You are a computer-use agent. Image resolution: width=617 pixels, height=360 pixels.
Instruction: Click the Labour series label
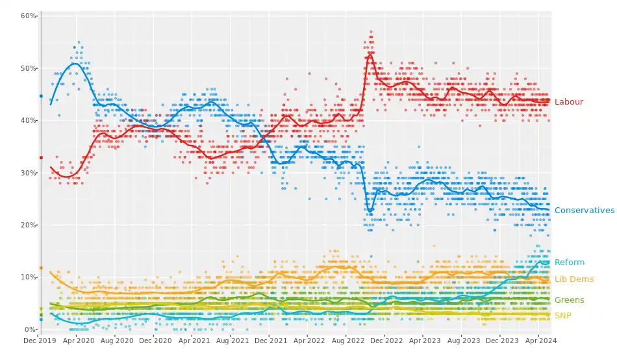[568, 102]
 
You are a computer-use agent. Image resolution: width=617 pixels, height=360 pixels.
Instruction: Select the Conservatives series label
[585, 211]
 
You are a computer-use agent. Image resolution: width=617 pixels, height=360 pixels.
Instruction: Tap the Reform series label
[569, 263]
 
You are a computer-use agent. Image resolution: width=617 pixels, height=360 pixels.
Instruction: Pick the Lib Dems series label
[573, 279]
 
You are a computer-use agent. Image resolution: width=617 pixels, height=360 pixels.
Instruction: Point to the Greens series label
[569, 300]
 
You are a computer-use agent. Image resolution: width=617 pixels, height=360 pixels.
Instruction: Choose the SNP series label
[563, 316]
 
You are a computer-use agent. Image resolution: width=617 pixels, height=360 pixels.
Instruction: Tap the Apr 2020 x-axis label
[78, 340]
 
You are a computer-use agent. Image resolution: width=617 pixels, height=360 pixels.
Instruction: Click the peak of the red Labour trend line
[370, 54]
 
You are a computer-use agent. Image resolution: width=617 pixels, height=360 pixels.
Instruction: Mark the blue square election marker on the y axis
[41, 96]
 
